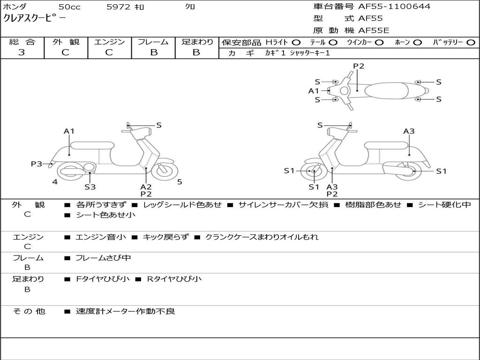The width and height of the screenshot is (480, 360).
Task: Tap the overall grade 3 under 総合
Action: (22, 52)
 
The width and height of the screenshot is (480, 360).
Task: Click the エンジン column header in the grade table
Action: (109, 42)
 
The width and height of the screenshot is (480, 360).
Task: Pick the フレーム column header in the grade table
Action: (153, 42)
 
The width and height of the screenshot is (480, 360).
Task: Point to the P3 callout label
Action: (37, 164)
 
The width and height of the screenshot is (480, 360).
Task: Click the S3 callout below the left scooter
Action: (90, 187)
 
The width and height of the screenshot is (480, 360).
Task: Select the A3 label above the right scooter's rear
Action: (409, 131)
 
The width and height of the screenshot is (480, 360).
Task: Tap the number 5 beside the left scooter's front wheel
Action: (180, 182)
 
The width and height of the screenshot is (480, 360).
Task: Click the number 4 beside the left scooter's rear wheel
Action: (55, 182)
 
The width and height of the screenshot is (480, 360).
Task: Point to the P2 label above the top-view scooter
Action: (359, 66)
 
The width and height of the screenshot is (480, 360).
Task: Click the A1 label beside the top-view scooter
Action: (314, 91)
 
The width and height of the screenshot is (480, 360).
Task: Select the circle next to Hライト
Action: (296, 42)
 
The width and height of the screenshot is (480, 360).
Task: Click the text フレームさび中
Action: (103, 258)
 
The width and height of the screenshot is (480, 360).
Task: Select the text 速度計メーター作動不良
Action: (125, 311)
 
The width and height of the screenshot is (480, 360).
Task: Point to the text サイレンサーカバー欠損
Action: (283, 205)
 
